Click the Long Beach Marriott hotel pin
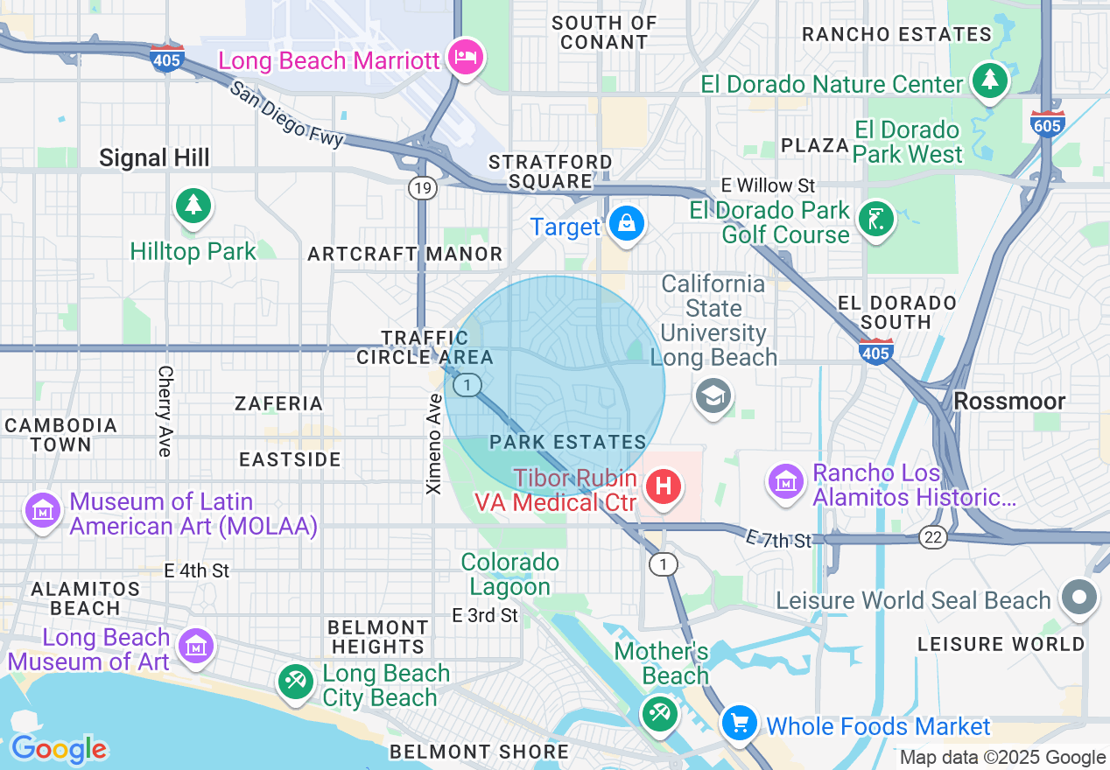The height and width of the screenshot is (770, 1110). point(465,58)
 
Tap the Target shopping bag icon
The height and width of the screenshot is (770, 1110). point(627,224)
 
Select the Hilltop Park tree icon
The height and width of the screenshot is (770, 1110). point(193,206)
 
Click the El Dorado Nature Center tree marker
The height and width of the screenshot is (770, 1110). point(990,81)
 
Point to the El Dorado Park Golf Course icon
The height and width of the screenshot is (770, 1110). point(876,217)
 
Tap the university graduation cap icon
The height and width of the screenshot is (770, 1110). point(713,396)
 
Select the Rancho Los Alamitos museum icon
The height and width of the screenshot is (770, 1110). point(786,480)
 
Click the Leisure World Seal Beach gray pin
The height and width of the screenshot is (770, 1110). point(1078,598)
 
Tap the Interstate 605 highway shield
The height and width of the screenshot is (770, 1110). point(1047,123)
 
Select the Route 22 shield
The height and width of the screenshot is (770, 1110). point(933,537)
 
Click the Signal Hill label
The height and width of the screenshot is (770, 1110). point(154,157)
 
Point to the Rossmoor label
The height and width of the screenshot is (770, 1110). point(1009,402)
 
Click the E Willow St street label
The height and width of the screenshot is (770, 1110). point(768,185)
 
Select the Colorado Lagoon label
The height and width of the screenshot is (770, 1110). point(509,574)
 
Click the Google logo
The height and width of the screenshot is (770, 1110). point(58,749)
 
